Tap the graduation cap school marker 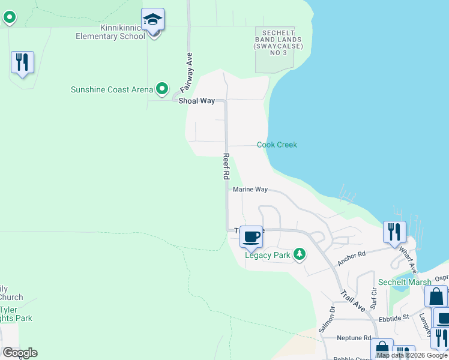153,20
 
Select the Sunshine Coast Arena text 112,90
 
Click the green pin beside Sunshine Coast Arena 162,90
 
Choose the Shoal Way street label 196,101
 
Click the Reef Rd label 226,166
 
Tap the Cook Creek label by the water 277,145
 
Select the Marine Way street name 250,189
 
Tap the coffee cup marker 252,236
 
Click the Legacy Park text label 268,255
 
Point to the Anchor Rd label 352,258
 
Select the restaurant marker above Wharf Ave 394,232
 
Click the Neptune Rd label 354,338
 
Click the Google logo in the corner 20,352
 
